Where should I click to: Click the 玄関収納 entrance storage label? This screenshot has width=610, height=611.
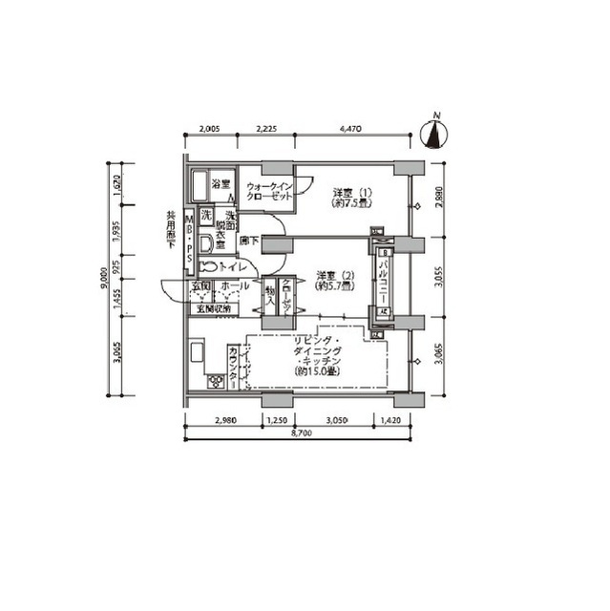point(215,307)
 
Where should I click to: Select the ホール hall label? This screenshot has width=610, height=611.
point(235,286)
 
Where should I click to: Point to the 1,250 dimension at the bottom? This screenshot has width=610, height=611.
point(278,420)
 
